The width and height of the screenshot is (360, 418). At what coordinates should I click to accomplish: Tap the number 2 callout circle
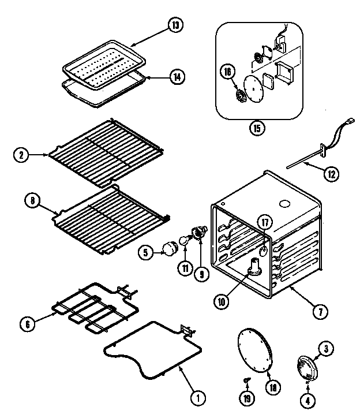point(21,154)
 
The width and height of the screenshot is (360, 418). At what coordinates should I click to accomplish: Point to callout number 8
point(32,201)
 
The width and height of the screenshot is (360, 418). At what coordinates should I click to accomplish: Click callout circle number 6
point(27,324)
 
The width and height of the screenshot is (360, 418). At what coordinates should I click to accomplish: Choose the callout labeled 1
point(197,397)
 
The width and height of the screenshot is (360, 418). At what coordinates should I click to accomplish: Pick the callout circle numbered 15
point(254,128)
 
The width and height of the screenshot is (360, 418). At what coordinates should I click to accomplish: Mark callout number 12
point(330,172)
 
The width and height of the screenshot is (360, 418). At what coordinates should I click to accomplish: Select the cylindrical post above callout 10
point(254,266)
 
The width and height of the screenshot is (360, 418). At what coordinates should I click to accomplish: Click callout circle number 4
point(307,399)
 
